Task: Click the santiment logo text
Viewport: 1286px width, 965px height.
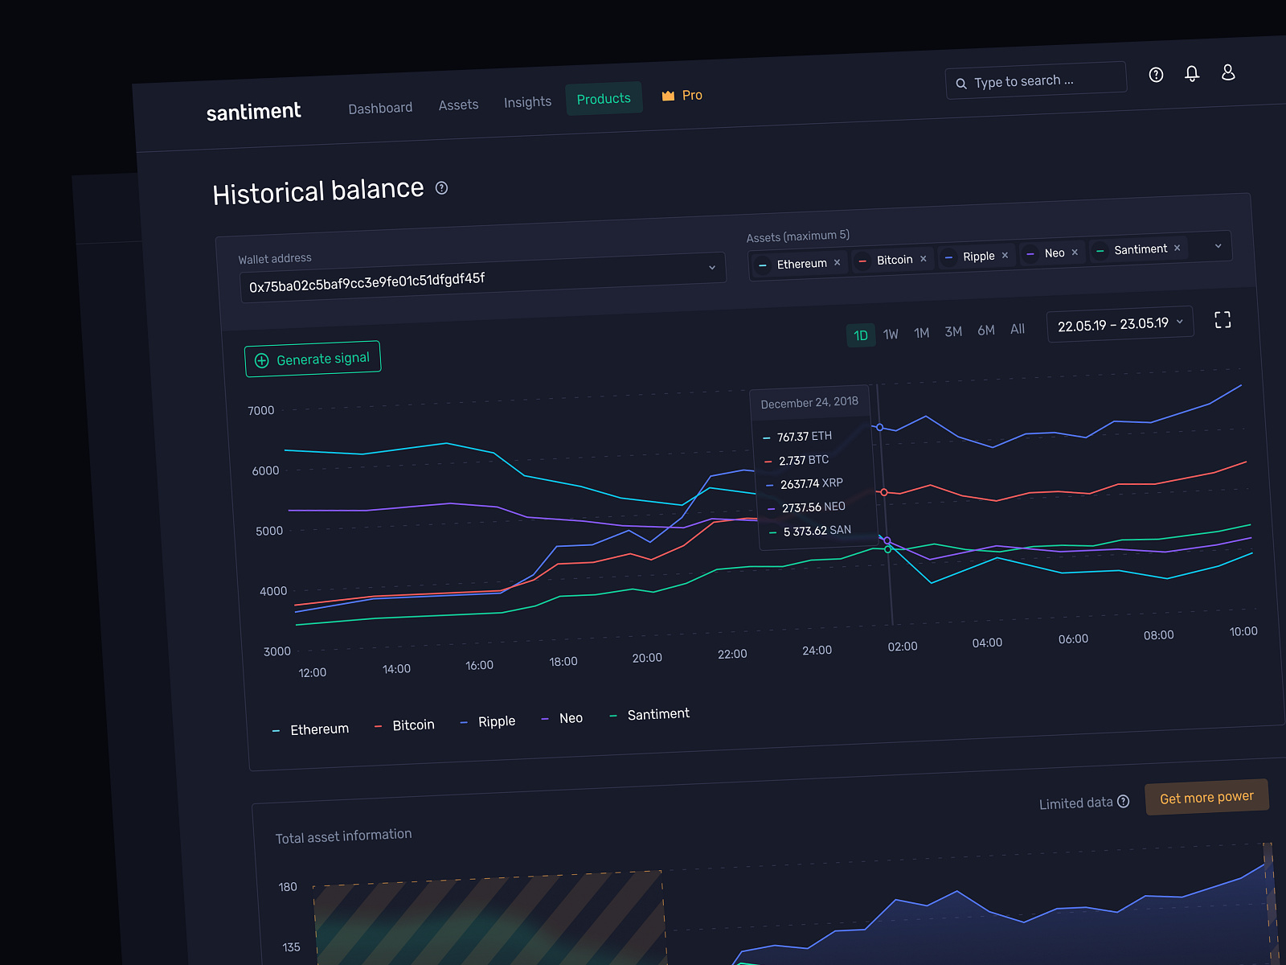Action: tap(253, 112)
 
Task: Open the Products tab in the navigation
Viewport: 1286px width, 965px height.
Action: tap(604, 99)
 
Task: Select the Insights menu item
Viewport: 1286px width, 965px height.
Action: tap(527, 102)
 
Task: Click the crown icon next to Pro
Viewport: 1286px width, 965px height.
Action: tap(668, 96)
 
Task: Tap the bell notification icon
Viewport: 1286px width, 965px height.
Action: tap(1192, 74)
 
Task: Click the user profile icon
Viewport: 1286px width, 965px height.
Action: tap(1228, 72)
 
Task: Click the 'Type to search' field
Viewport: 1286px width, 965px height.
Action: tap(1037, 81)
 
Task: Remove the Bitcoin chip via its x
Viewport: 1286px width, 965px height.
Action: tap(924, 259)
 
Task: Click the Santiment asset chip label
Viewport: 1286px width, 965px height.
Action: tap(1140, 249)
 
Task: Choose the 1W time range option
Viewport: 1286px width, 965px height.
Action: tap(891, 334)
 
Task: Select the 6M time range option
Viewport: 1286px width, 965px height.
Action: tap(986, 331)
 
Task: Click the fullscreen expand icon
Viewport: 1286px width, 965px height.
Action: tap(1223, 320)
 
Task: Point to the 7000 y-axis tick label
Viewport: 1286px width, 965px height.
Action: tap(261, 411)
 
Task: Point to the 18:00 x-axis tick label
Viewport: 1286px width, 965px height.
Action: tap(563, 662)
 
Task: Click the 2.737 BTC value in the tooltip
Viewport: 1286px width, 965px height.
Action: tap(803, 460)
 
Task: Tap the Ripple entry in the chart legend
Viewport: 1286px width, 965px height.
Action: tap(496, 721)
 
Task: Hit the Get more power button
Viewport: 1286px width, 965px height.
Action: tap(1206, 797)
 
